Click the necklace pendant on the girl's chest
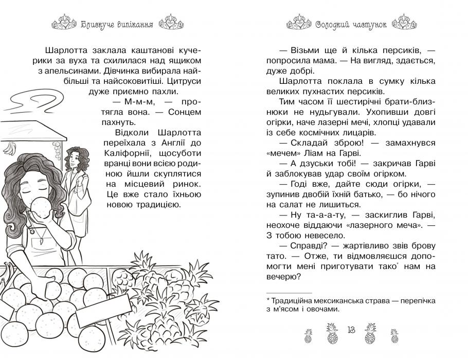point(39,238)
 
